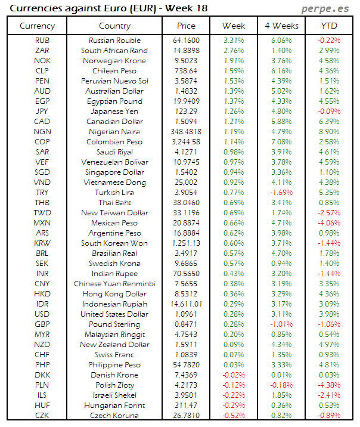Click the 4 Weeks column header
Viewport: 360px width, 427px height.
pyautogui.click(x=281, y=26)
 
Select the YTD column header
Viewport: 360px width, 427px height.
pyautogui.click(x=328, y=26)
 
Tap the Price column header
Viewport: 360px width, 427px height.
pyautogui.click(x=186, y=26)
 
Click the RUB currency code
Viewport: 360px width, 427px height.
pyautogui.click(x=42, y=41)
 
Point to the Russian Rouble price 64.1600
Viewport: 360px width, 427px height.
pyautogui.click(x=186, y=41)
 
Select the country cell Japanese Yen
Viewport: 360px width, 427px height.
pyautogui.click(x=114, y=112)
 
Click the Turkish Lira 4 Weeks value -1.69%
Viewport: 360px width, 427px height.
pyautogui.click(x=281, y=193)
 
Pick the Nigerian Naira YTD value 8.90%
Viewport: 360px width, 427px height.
pyautogui.click(x=328, y=132)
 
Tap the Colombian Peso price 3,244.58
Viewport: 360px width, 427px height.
pyautogui.click(x=186, y=142)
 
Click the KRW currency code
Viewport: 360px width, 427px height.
pyautogui.click(x=42, y=243)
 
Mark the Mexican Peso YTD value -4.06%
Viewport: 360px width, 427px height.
pyautogui.click(x=328, y=223)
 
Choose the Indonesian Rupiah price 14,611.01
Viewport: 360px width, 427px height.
pyautogui.click(x=186, y=304)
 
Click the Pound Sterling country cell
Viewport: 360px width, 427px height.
pyautogui.click(x=114, y=324)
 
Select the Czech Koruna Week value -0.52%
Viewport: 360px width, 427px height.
pyautogui.click(x=234, y=416)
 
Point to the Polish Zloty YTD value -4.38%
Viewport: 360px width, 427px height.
pyautogui.click(x=328, y=385)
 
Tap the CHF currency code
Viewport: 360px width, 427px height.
pyautogui.click(x=42, y=355)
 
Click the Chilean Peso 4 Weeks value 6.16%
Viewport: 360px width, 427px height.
pyautogui.click(x=281, y=71)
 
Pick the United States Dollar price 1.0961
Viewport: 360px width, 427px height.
pyautogui.click(x=186, y=314)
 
